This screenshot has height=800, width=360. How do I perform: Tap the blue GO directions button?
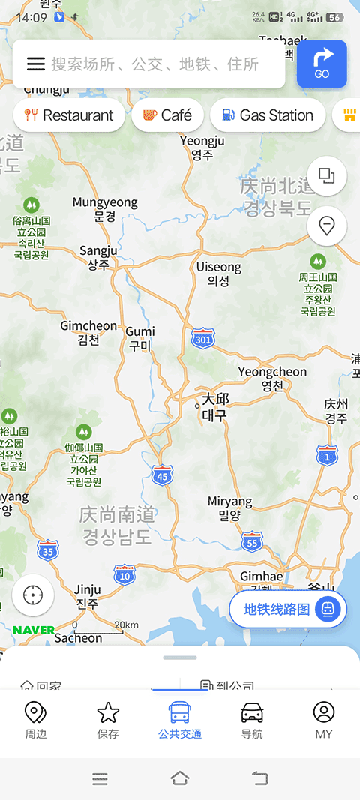click(322, 64)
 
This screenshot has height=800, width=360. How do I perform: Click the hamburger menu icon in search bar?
click(36, 64)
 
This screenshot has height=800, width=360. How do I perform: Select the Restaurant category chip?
click(69, 115)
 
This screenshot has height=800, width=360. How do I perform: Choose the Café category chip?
click(167, 115)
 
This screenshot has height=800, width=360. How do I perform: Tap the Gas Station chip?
click(267, 115)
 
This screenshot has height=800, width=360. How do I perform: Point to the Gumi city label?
click(140, 338)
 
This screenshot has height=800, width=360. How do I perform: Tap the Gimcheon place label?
click(88, 333)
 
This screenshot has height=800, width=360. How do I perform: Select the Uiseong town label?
click(218, 274)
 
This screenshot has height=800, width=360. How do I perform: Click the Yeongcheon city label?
click(272, 379)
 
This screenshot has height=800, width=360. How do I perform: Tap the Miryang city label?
click(230, 508)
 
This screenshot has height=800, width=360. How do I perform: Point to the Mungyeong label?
click(105, 209)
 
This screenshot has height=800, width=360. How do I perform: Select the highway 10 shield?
click(124, 575)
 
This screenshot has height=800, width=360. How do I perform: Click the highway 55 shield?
click(252, 541)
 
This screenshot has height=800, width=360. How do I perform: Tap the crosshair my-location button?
click(33, 595)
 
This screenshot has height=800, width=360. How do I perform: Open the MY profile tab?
click(323, 721)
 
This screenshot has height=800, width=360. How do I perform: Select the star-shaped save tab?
click(108, 721)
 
